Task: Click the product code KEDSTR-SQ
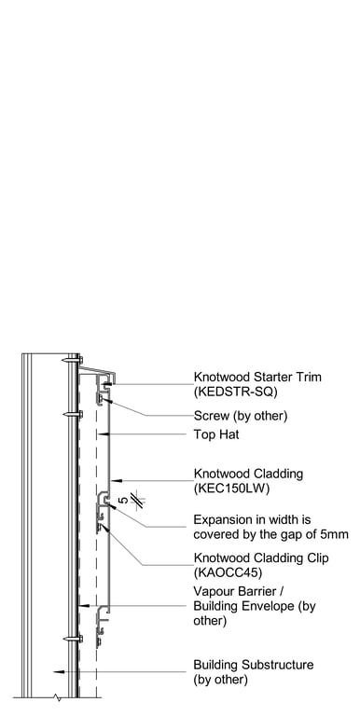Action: tap(235, 392)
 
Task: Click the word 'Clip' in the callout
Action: tap(318, 558)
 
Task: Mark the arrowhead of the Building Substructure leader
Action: tap(56, 671)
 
